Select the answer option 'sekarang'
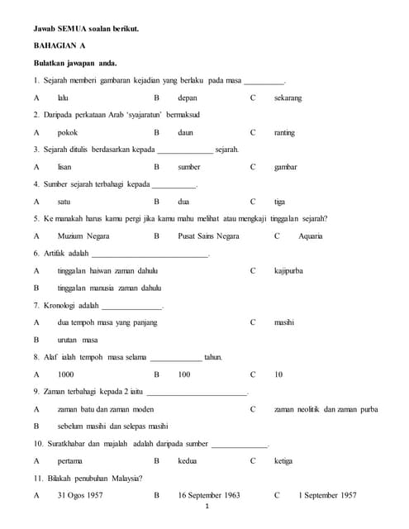coord(288,98)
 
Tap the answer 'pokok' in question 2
coord(68,132)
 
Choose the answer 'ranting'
coord(284,132)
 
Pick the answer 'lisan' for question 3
coord(64,167)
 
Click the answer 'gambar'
coord(286,167)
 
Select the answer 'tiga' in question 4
coord(279,202)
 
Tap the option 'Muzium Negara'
coord(83,236)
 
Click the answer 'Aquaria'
coord(311,236)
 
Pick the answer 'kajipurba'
coord(290,271)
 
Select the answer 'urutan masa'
coord(78,340)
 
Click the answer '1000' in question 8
coord(66,374)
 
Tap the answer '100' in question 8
coord(184,374)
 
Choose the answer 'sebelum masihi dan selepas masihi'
coord(112,427)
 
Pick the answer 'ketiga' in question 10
coord(284,461)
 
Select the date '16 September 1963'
coord(209,495)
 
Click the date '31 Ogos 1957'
coord(80,495)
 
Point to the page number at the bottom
coord(205,507)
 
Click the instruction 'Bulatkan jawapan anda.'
coord(75,64)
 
